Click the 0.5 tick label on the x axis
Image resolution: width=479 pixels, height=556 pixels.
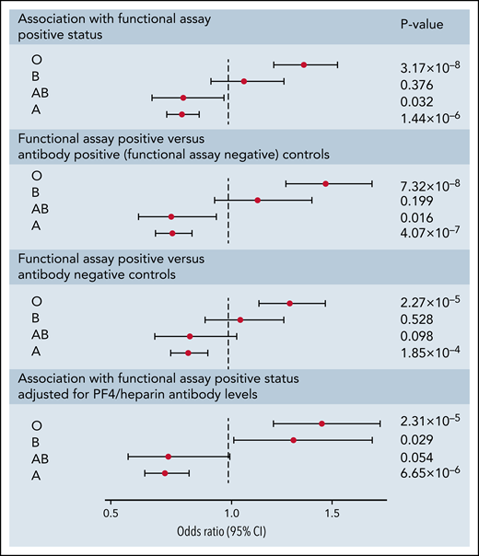[110, 512]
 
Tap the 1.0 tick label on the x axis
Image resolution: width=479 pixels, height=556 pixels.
[229, 512]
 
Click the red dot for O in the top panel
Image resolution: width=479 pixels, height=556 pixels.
[304, 64]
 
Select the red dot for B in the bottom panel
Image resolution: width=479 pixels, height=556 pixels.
[294, 440]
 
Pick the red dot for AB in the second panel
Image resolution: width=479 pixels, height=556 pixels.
[171, 216]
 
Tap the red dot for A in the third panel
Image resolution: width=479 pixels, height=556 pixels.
[189, 353]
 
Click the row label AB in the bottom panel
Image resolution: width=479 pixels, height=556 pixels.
[39, 457]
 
